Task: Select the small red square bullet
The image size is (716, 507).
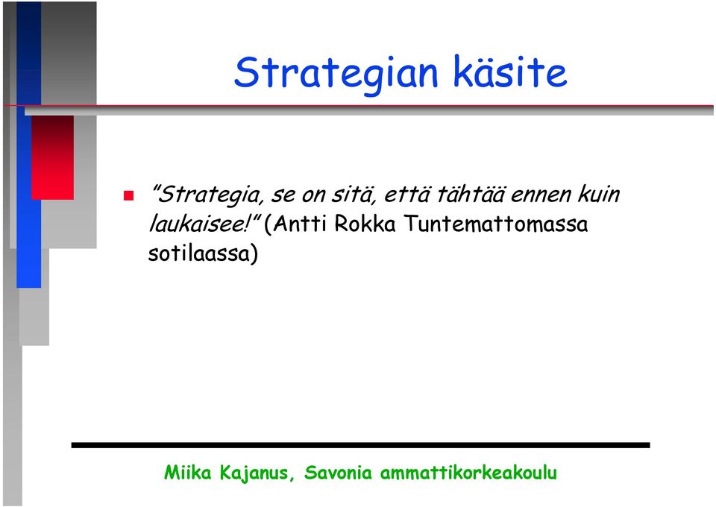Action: tap(129, 196)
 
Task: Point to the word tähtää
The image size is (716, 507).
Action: tap(471, 194)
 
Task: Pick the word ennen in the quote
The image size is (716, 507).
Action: tap(541, 195)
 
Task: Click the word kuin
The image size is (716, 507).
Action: tap(599, 194)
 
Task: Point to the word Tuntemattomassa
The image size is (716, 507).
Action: tap(496, 224)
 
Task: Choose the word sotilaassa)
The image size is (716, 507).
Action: tap(203, 253)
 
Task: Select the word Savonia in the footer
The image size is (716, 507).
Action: tap(338, 472)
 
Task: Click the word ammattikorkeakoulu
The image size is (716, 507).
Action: tap(468, 472)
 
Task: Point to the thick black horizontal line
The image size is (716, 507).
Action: tap(361, 445)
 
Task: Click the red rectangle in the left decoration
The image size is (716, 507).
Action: tap(52, 157)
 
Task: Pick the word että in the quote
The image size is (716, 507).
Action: tap(406, 195)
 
